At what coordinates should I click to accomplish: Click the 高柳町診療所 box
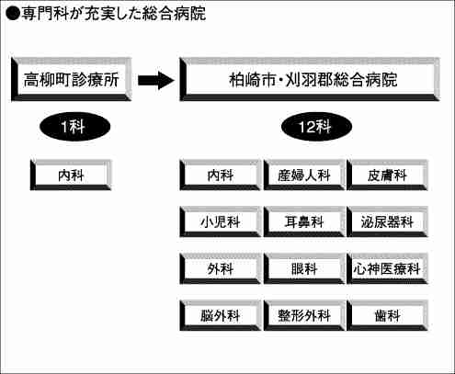[72, 79]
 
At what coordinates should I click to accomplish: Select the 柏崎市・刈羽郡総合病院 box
[310, 79]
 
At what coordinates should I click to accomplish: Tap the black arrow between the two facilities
[156, 80]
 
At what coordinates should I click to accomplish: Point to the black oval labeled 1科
[74, 127]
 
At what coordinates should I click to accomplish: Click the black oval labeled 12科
[316, 127]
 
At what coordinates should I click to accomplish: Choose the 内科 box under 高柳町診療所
[71, 176]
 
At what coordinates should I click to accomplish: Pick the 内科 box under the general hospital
[220, 176]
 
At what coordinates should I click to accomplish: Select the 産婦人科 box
[304, 176]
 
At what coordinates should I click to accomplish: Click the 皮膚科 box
[387, 176]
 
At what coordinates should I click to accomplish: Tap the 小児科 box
[220, 222]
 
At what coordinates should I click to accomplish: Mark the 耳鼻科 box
[304, 222]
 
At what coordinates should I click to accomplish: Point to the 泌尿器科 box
[387, 222]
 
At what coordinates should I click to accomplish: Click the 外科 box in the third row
[220, 269]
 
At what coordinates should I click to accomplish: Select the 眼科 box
[304, 269]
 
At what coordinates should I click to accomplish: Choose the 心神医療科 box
[387, 269]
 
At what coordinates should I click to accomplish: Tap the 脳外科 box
[220, 316]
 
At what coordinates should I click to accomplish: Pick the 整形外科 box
[304, 316]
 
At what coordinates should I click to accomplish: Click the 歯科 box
[387, 316]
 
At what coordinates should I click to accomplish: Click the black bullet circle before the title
[13, 14]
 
